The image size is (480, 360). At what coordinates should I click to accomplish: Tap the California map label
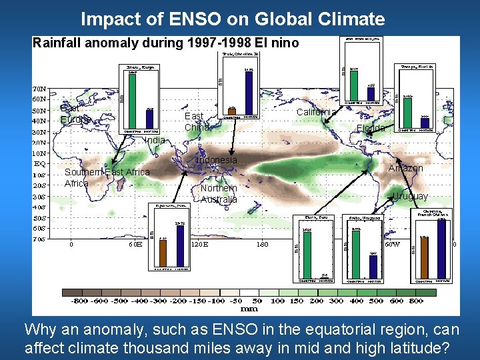pyautogui.click(x=316, y=111)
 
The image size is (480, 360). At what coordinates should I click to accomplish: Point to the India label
pyautogui.click(x=154, y=141)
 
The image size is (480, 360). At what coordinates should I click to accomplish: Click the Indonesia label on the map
pyautogui.click(x=215, y=160)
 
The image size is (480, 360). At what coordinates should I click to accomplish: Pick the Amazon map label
pyautogui.click(x=405, y=168)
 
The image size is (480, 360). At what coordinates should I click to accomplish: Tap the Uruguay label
pyautogui.click(x=410, y=196)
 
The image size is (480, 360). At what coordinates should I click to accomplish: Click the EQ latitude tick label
pyautogui.click(x=40, y=163)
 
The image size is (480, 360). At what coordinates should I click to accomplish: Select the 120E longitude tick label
pyautogui.click(x=199, y=244)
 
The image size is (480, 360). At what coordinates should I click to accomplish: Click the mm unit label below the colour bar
pyautogui.click(x=249, y=309)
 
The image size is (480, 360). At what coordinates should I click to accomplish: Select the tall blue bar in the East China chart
pyautogui.click(x=249, y=93)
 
